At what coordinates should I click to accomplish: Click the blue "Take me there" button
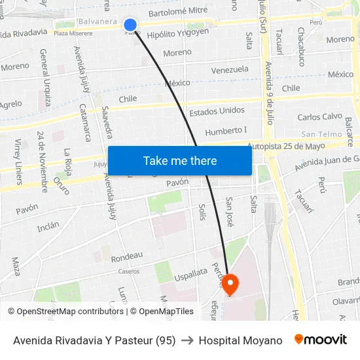[x=180, y=160]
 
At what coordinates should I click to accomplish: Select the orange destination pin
[x=230, y=284]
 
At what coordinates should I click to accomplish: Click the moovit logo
[x=321, y=340]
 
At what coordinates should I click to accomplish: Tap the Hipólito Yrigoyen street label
[x=178, y=33]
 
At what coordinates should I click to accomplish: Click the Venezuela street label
[x=230, y=69]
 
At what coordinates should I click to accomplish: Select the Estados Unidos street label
[x=217, y=111]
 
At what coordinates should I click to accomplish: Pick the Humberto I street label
[x=226, y=131]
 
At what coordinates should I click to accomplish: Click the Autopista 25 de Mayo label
[x=295, y=146]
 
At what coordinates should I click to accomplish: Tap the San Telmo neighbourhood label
[x=322, y=134]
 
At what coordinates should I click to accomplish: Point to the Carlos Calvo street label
[x=319, y=117]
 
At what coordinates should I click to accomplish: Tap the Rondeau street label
[x=127, y=256]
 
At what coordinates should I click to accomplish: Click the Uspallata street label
[x=190, y=276]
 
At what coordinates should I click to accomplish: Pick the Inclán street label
[x=48, y=226]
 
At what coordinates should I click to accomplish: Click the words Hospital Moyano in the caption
[x=240, y=340]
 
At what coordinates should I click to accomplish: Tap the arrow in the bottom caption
[x=187, y=340]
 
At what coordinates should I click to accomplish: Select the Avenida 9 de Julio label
[x=268, y=92]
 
